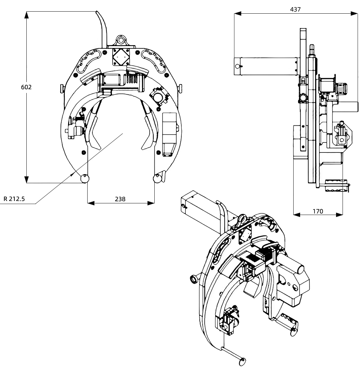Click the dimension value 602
coord(26,87)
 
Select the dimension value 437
coord(295,10)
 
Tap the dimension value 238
coord(120,199)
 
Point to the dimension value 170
coord(318,211)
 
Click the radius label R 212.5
coord(14,199)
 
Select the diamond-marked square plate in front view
coord(121,56)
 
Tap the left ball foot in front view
coord(85,178)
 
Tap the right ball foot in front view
coord(157,178)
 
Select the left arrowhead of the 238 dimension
coord(90,203)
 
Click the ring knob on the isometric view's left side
coord(194,280)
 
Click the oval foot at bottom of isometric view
coord(243,361)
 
